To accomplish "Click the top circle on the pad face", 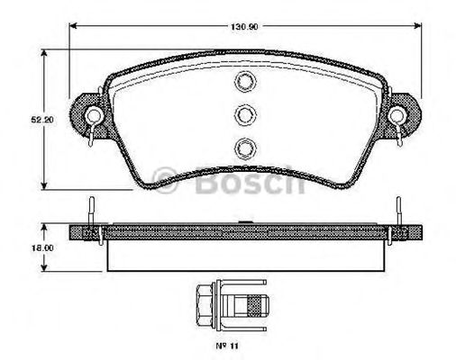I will point(244,84).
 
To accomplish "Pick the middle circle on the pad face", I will point(244,114).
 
